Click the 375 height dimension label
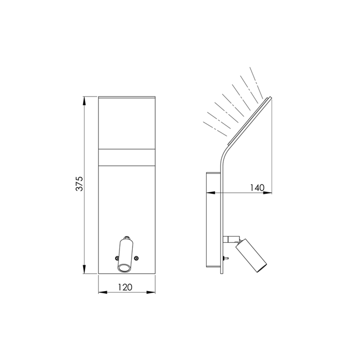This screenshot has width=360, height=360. [79, 183]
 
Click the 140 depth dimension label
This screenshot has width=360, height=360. [257, 188]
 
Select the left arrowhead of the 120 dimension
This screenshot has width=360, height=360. [103, 292]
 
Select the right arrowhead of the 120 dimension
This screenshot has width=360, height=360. [151, 292]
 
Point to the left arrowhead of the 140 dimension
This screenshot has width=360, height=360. [211, 193]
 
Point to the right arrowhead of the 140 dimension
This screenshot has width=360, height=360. [267, 193]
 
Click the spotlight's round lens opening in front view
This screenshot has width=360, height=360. [124, 268]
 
